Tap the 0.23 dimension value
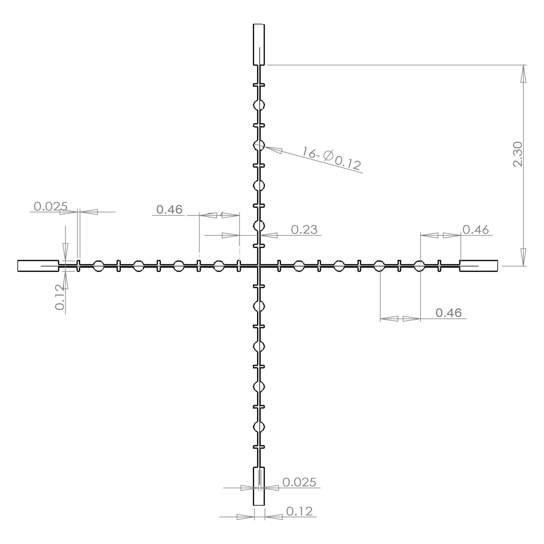click(304, 229)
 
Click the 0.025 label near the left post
click(50, 207)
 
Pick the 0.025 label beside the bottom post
click(299, 482)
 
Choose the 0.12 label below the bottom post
click(299, 511)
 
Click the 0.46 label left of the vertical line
click(169, 209)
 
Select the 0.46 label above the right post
click(475, 229)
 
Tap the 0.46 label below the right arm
click(448, 313)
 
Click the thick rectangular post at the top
click(259, 44)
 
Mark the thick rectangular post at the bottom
click(259, 486)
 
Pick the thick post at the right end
click(478, 266)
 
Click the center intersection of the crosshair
click(259, 266)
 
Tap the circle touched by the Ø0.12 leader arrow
click(259, 145)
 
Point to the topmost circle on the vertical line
click(259, 105)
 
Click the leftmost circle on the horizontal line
click(98, 266)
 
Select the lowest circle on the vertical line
click(259, 427)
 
